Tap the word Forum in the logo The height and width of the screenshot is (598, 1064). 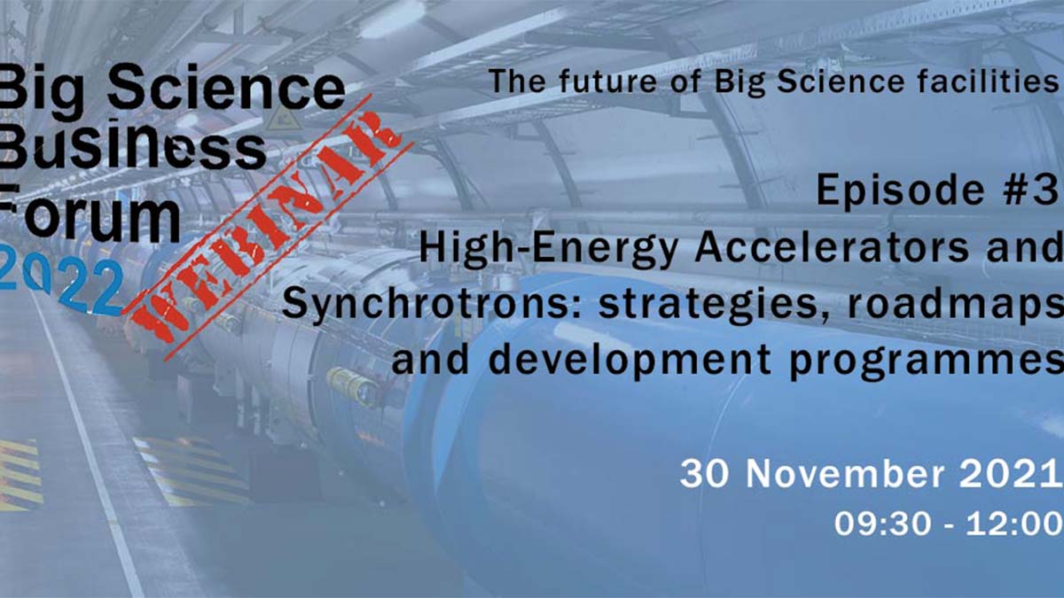(90, 214)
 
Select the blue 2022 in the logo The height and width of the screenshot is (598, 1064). (61, 286)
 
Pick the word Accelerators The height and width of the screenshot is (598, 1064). (831, 247)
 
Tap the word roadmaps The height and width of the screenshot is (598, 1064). (955, 306)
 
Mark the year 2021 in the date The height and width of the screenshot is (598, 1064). (1008, 474)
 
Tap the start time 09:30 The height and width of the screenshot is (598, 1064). (882, 524)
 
